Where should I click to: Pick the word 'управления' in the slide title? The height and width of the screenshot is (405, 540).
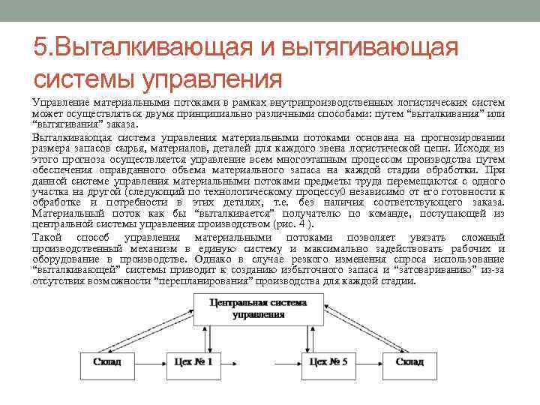coord(217,78)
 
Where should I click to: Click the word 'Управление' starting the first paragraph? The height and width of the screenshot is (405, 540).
coord(59,102)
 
